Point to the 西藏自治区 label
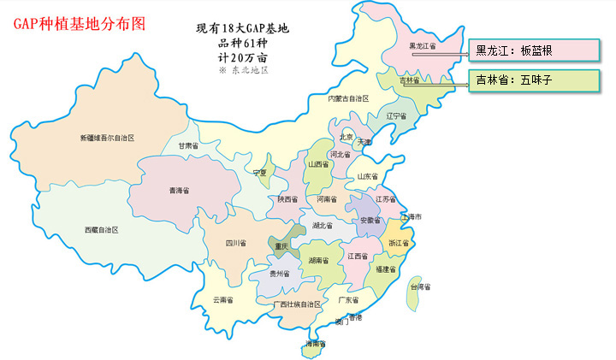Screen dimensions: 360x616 coord(101,230)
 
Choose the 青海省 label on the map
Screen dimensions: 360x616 coord(179,190)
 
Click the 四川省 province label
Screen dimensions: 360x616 coord(235,244)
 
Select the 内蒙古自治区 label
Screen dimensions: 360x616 coord(348,98)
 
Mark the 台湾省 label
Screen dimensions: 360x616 coord(420,287)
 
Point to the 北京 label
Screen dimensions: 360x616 coord(346,136)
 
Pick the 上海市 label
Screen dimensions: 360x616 coord(412,217)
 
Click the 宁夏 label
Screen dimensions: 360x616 coord(260,173)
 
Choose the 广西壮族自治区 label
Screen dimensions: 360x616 coord(297,304)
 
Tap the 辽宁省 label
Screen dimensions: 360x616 coord(396,115)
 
